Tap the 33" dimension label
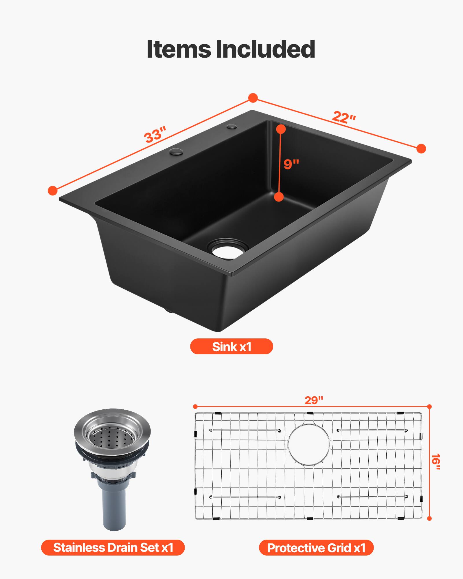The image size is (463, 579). pyautogui.click(x=155, y=134)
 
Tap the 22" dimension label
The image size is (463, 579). pyautogui.click(x=344, y=117)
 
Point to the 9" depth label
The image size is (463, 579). pyautogui.click(x=291, y=164)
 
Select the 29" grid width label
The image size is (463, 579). pyautogui.click(x=314, y=400)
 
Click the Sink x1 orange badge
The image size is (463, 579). pyautogui.click(x=231, y=347)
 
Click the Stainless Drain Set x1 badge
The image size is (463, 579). pyautogui.click(x=113, y=547)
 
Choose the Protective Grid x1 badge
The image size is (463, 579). pyautogui.click(x=316, y=548)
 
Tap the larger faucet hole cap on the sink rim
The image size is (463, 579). pyautogui.click(x=176, y=151)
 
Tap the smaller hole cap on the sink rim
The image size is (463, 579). pyautogui.click(x=232, y=127)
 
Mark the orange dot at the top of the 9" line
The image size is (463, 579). pyautogui.click(x=281, y=129)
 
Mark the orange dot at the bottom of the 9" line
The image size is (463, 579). pyautogui.click(x=279, y=197)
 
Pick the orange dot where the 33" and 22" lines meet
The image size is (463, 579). pyautogui.click(x=253, y=98)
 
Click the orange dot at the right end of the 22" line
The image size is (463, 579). pyautogui.click(x=421, y=149)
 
